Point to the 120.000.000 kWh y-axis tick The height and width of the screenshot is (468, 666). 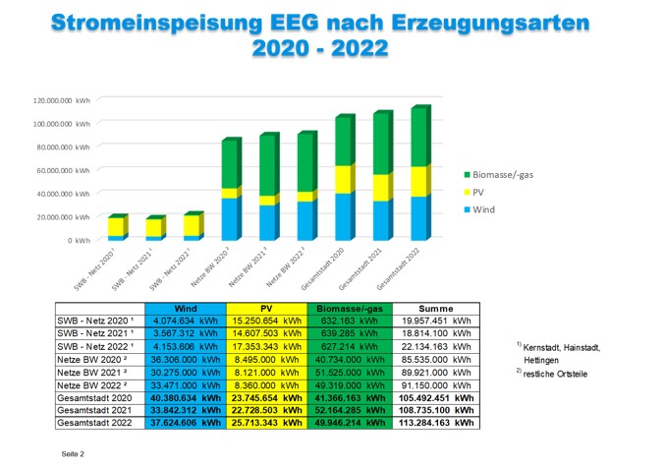(60, 101)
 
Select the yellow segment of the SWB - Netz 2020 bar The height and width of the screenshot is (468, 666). (117, 227)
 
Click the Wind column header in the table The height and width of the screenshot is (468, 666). (185, 309)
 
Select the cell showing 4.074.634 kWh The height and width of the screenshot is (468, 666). (185, 321)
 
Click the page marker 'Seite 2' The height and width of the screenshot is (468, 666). (74, 454)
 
